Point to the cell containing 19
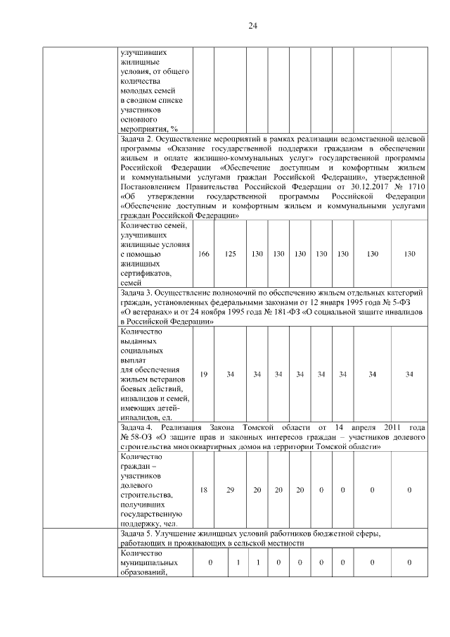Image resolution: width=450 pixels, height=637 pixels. pos(203,374)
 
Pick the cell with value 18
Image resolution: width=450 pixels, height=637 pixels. pos(203,489)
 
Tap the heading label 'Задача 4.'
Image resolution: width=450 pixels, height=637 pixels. pos(138,428)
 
